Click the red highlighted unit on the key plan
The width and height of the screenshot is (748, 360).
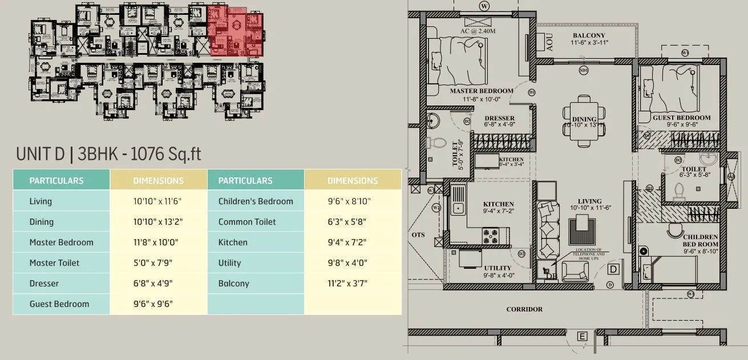(x=235, y=31)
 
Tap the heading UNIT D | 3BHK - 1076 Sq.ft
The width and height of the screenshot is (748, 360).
(x=108, y=154)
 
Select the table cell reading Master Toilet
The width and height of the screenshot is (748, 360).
(x=54, y=263)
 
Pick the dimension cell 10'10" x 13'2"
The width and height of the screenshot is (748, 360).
(x=158, y=222)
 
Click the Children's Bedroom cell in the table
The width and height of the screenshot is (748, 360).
(x=256, y=201)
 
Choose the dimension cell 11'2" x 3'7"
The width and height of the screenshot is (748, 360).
(x=352, y=284)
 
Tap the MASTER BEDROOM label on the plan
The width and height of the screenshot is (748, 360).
(x=481, y=91)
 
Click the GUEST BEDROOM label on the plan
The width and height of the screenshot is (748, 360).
(x=681, y=118)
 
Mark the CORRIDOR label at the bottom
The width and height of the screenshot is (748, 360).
(x=524, y=310)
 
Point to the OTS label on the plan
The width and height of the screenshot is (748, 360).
(x=418, y=234)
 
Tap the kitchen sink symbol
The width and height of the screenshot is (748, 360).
(x=458, y=204)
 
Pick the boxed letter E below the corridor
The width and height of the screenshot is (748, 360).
(x=582, y=337)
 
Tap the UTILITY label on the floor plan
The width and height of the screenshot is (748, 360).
(x=498, y=268)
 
